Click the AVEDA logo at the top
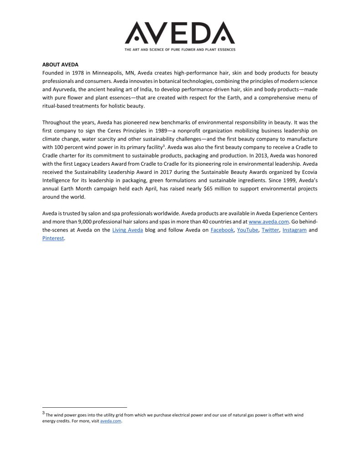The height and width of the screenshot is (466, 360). tap(180, 33)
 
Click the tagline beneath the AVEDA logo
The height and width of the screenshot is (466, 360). tap(180, 49)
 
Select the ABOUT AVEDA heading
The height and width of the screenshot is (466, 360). tap(61, 65)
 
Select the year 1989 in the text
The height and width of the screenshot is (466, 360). tap(155, 131)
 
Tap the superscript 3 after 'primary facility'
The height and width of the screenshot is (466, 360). tap(164, 146)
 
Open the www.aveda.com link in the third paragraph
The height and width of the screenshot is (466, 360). tap(269, 222)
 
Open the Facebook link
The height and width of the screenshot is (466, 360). tap(222, 230)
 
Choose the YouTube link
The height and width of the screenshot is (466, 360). tap(248, 230)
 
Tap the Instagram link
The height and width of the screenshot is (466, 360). tap(294, 230)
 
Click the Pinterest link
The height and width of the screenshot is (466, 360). tap(53, 238)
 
